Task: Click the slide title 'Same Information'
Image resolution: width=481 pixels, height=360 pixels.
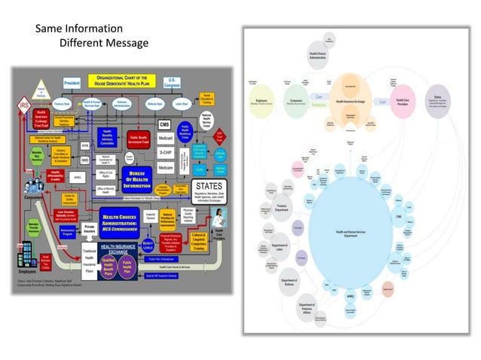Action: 79,29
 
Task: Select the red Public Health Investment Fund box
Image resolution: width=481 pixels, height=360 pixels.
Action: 138,139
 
